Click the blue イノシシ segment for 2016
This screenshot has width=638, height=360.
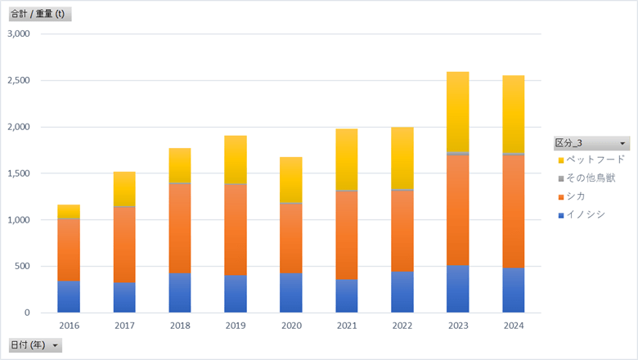click(x=69, y=296)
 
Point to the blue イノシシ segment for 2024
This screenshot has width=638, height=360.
click(x=513, y=290)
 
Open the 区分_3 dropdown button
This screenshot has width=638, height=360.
click(x=622, y=143)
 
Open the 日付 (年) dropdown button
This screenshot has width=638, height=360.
click(x=56, y=345)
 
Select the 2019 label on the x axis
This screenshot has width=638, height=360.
click(x=235, y=325)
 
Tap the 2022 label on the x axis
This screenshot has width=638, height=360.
click(x=402, y=325)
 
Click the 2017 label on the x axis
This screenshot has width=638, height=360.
click(x=124, y=325)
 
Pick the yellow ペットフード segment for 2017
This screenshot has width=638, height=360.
click(x=124, y=188)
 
